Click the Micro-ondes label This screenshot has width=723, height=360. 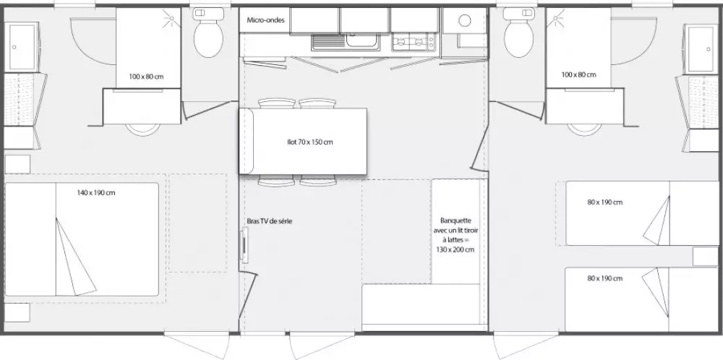[265, 20]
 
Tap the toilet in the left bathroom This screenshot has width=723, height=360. [208, 33]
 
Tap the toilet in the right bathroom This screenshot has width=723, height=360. [518, 33]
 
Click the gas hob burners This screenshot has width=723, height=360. [414, 43]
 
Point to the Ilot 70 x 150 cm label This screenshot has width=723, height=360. [309, 142]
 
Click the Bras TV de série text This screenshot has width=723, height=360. [270, 221]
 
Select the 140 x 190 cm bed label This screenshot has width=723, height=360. [96, 193]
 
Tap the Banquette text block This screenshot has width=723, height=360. [455, 235]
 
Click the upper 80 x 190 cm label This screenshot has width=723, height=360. [605, 202]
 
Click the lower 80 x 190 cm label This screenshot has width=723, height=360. [605, 278]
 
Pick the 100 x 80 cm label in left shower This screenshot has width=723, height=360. [146, 77]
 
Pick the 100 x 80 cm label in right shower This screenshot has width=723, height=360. [578, 74]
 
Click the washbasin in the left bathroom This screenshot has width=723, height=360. [21, 48]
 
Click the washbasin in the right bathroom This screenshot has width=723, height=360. [701, 49]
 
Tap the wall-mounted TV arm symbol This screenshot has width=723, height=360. [244, 247]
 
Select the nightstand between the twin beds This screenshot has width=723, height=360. [705, 257]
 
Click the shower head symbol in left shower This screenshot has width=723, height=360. [171, 20]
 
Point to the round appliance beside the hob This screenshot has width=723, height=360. [465, 20]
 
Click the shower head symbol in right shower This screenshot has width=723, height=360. [557, 20]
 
